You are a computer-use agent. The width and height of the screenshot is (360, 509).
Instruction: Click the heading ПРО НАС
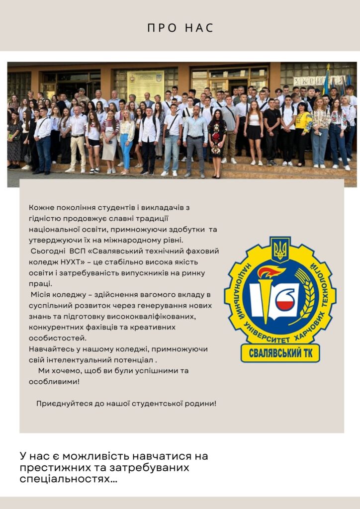[180, 28]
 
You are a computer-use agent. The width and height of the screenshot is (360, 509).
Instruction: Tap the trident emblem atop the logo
[280, 249]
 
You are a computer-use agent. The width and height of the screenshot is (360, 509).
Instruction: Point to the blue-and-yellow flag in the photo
[327, 82]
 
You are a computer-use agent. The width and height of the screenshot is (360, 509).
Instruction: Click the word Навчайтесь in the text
[49, 349]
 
